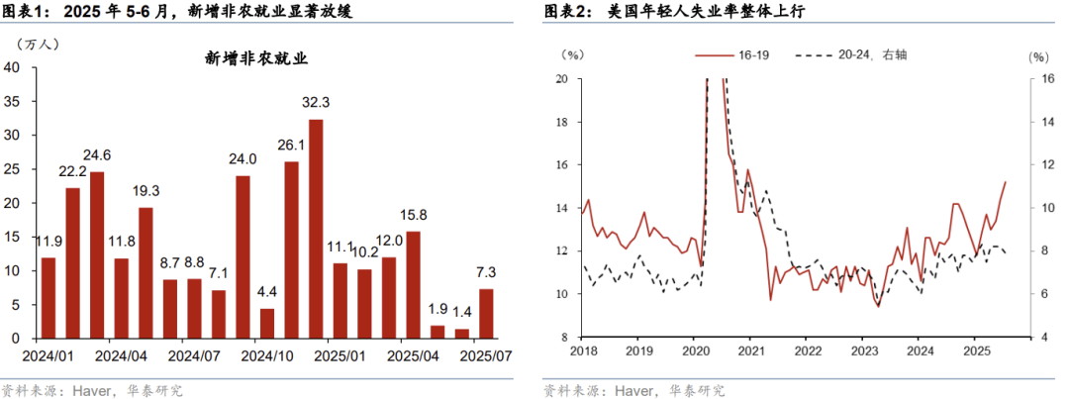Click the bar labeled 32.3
coord(316,229)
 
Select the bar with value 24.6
coord(97,254)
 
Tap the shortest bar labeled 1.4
coord(461,334)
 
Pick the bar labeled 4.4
coord(267,323)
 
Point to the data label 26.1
coord(292,145)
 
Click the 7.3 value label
coord(485,271)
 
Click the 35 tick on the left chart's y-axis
coord(13,101)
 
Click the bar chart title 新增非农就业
coord(257,58)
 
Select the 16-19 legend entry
coord(731,55)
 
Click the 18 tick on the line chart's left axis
coord(560,122)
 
